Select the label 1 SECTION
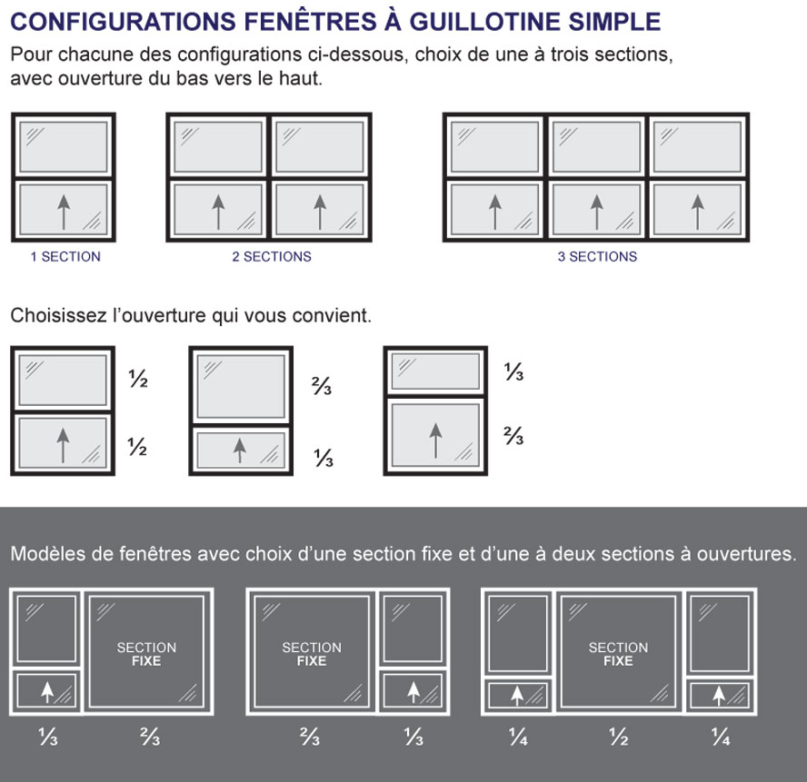pyautogui.click(x=65, y=257)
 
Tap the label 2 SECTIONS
pyautogui.click(x=271, y=257)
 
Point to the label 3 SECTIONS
pyautogui.click(x=597, y=257)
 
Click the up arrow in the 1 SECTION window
pyautogui.click(x=63, y=211)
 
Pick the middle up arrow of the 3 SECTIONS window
pyautogui.click(x=596, y=211)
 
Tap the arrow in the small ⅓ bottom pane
pyautogui.click(x=239, y=448)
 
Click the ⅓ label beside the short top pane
pyautogui.click(x=513, y=372)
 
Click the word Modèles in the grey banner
pyautogui.click(x=44, y=554)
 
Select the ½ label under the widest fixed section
pyautogui.click(x=618, y=739)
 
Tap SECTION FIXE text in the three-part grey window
pyautogui.click(x=618, y=654)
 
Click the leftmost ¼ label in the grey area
pyautogui.click(x=517, y=739)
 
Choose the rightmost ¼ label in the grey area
pyautogui.click(x=720, y=739)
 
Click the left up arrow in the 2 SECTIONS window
pyautogui.click(x=218, y=211)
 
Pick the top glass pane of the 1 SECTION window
pyautogui.click(x=63, y=145)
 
